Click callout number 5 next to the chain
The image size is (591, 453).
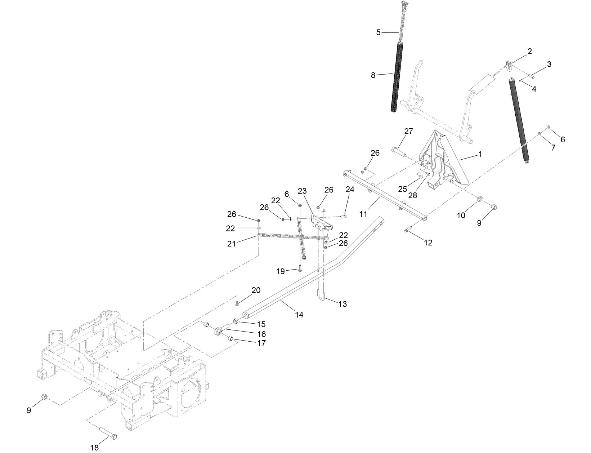click(378, 32)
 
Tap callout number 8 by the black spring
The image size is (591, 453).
click(373, 75)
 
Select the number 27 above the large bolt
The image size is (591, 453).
click(408, 132)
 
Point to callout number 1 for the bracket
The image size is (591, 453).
click(480, 154)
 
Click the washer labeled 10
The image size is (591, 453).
click(480, 199)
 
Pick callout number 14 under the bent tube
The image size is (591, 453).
click(299, 315)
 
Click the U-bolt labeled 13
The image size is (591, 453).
click(321, 296)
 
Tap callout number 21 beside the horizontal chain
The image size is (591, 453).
click(232, 244)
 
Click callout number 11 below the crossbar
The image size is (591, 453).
click(363, 214)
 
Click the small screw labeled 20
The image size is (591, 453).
click(238, 304)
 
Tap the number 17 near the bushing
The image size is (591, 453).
click(261, 343)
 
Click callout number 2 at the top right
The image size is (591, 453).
click(529, 51)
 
